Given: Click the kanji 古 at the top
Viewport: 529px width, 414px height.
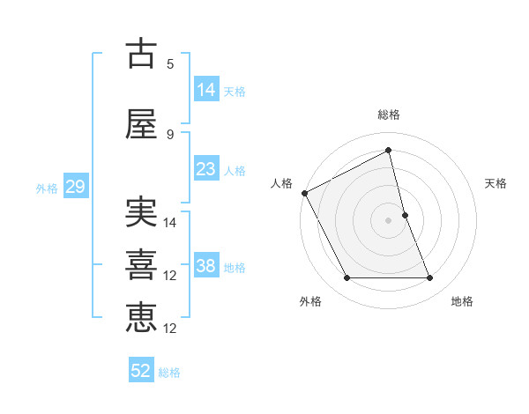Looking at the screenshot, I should [141, 54].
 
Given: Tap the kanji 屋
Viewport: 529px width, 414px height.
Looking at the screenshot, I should [141, 124].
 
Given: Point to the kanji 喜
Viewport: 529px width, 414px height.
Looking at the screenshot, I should [141, 265].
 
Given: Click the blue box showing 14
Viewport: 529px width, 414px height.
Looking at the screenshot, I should [206, 90].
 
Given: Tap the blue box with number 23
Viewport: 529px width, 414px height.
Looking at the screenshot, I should [206, 169].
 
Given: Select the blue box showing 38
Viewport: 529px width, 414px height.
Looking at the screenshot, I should [206, 266].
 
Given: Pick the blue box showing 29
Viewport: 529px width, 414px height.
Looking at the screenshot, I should [75, 187].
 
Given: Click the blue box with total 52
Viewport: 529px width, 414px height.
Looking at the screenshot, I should [141, 371].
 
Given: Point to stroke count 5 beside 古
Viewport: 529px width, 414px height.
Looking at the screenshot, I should [170, 64].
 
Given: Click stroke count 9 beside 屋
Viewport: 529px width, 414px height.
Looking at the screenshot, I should [170, 135].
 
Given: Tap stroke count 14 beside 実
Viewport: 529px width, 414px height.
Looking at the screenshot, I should [171, 223].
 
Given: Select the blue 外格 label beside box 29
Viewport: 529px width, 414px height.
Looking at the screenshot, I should [47, 188].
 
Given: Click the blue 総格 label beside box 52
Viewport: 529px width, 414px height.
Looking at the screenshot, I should [169, 373].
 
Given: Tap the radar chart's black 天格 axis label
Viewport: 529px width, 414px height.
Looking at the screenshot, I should [495, 183].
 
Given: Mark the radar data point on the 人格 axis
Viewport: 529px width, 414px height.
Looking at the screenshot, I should [304, 193].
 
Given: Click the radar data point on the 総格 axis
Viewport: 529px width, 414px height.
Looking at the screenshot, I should [388, 151].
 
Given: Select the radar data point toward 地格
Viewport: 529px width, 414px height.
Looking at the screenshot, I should [430, 278].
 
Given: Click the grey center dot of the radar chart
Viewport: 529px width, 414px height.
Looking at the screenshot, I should [388, 220].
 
